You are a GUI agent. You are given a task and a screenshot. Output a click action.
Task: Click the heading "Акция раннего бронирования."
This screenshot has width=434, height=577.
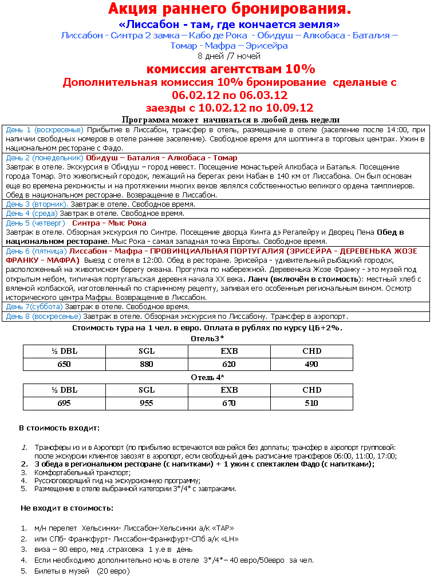coord(229,9)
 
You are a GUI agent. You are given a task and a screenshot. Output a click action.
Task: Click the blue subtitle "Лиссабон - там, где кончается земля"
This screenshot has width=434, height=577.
coord(229,25)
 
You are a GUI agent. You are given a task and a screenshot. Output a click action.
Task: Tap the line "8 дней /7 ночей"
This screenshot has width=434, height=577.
coord(229,56)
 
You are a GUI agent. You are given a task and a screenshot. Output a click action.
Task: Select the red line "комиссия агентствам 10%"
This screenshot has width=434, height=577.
coord(231,69)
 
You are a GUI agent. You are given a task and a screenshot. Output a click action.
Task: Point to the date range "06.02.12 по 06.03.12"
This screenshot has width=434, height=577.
coord(229,95)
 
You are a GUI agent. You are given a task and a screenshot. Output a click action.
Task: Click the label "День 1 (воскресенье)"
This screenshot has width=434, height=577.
coord(45,130)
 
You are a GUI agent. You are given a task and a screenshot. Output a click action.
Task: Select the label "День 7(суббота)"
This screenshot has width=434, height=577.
coord(34,307)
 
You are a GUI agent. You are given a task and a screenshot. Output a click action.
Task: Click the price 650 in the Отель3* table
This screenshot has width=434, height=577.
coord(64,364)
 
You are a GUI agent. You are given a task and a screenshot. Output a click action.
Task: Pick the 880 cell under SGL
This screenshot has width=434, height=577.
coord(147,364)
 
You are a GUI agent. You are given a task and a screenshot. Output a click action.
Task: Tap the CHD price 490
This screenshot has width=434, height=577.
coord(311,364)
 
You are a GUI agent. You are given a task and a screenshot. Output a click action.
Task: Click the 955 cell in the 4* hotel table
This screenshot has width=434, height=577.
coord(147,404)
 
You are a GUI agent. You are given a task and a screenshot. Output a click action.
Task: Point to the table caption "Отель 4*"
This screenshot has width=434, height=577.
coord(207,377)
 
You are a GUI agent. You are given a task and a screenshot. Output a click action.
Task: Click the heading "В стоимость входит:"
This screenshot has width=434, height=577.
coord(59,428)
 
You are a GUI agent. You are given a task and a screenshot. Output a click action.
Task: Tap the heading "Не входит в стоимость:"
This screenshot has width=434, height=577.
coord(66,508)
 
